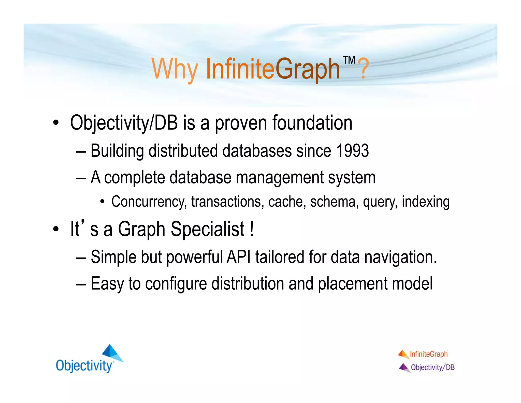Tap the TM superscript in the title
[x=349, y=60]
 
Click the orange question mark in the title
[x=365, y=69]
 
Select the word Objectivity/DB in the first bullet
[x=124, y=123]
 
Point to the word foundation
[x=312, y=123]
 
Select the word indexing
[x=426, y=202]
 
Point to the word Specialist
[x=208, y=229]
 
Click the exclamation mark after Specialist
[x=252, y=229]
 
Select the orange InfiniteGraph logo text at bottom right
[x=429, y=354]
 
